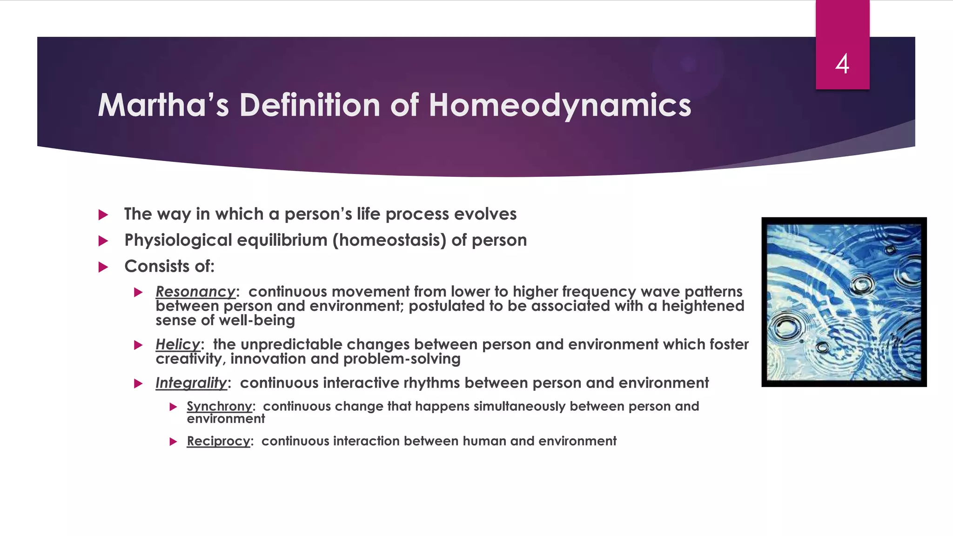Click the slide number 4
pyautogui.click(x=842, y=64)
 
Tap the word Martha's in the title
pyautogui.click(x=163, y=105)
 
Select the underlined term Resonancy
pyautogui.click(x=195, y=292)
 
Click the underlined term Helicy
pyautogui.click(x=178, y=344)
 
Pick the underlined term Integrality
pyautogui.click(x=191, y=383)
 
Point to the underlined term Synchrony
pyautogui.click(x=219, y=406)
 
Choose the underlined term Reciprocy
pyautogui.click(x=218, y=441)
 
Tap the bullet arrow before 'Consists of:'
pyautogui.click(x=103, y=267)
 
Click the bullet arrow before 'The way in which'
pyautogui.click(x=103, y=214)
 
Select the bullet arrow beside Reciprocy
pyautogui.click(x=173, y=442)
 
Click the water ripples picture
pyautogui.click(x=844, y=302)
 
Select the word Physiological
pyautogui.click(x=178, y=241)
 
